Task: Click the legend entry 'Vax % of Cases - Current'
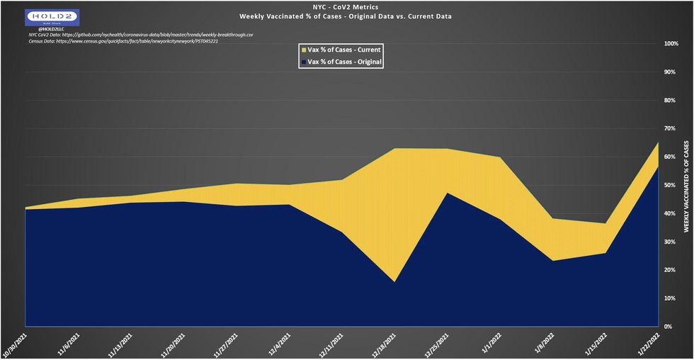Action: coord(342,50)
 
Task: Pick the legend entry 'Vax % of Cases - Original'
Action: coord(342,62)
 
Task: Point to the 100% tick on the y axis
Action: coord(670,44)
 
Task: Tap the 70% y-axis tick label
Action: coord(670,129)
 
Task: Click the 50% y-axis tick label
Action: coord(670,186)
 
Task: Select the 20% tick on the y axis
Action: coord(670,270)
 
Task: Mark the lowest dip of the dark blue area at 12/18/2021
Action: coord(394,281)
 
